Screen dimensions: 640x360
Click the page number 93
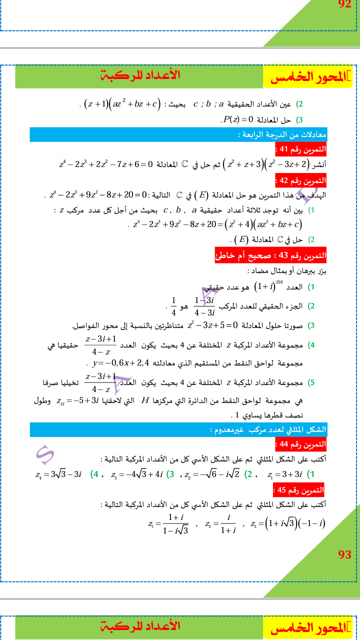[x=344, y=554]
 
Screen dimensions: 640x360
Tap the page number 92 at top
[x=345, y=5]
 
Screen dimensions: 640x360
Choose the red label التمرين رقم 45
[x=299, y=490]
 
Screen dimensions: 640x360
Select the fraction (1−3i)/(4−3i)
[x=204, y=305]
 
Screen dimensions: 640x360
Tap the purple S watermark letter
[x=45, y=452]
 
